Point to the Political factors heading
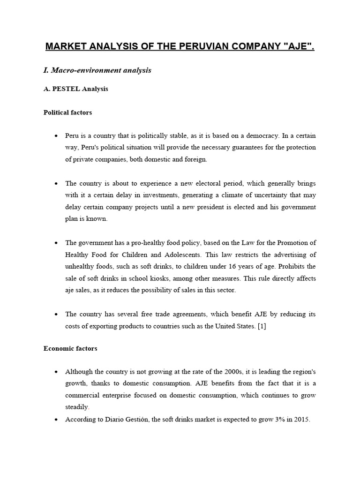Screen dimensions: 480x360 pos(68,112)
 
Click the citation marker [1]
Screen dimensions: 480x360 pos(261,326)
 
